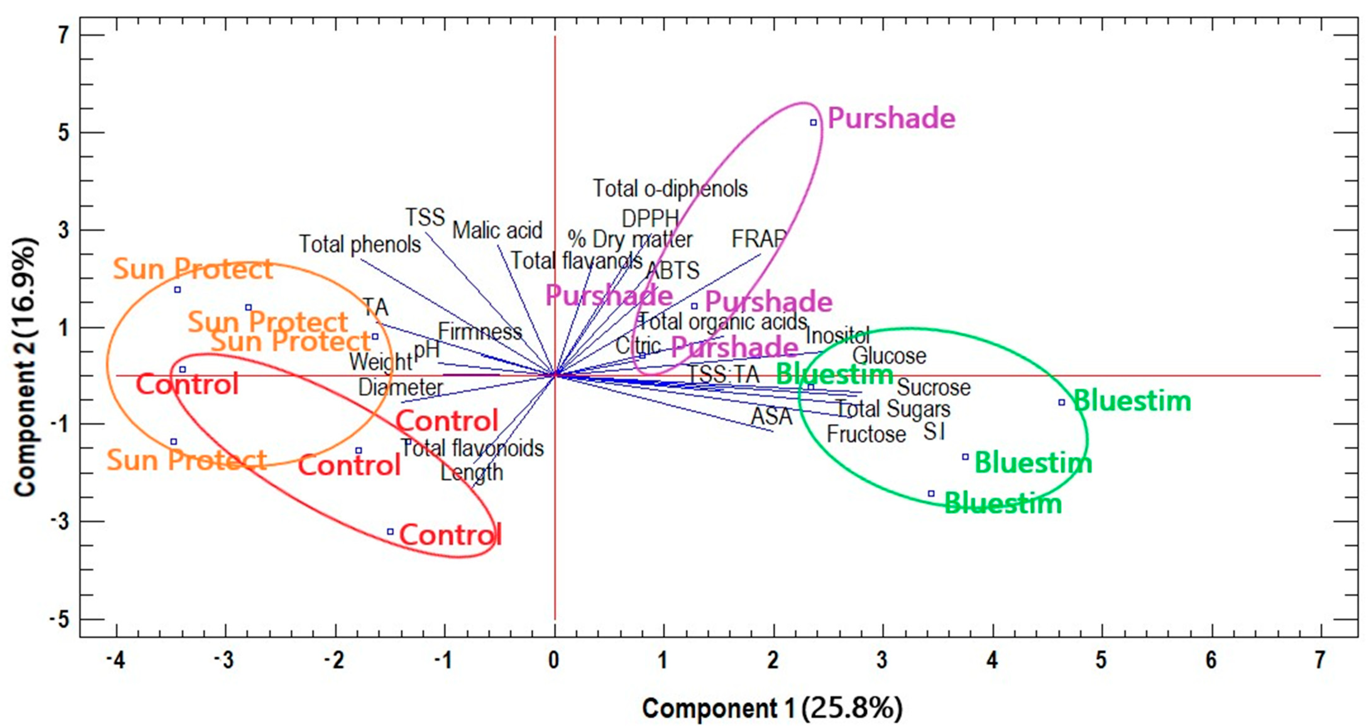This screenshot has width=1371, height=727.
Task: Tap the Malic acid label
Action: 497,230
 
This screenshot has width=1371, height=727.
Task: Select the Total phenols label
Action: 360,244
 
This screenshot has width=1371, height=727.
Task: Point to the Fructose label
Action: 866,434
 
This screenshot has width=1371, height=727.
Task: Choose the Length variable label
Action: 472,473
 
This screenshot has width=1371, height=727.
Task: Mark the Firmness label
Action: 480,332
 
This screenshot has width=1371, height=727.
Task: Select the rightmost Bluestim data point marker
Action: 1061,402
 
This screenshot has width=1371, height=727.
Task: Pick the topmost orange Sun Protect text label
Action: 193,269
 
